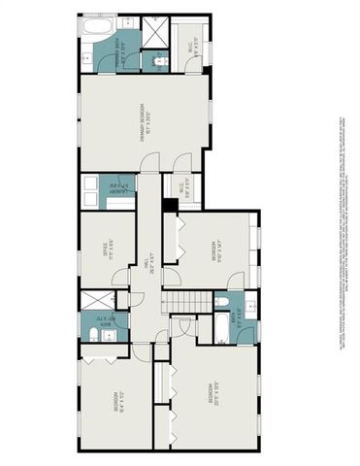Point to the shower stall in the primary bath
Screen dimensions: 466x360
[x=154, y=28]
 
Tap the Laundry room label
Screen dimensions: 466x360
[x=119, y=189]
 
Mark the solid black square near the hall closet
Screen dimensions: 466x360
[x=171, y=205]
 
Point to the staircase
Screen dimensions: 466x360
[x=184, y=304]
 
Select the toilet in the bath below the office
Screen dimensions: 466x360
[x=95, y=335]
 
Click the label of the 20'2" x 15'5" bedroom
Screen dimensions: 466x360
[x=211, y=397]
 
